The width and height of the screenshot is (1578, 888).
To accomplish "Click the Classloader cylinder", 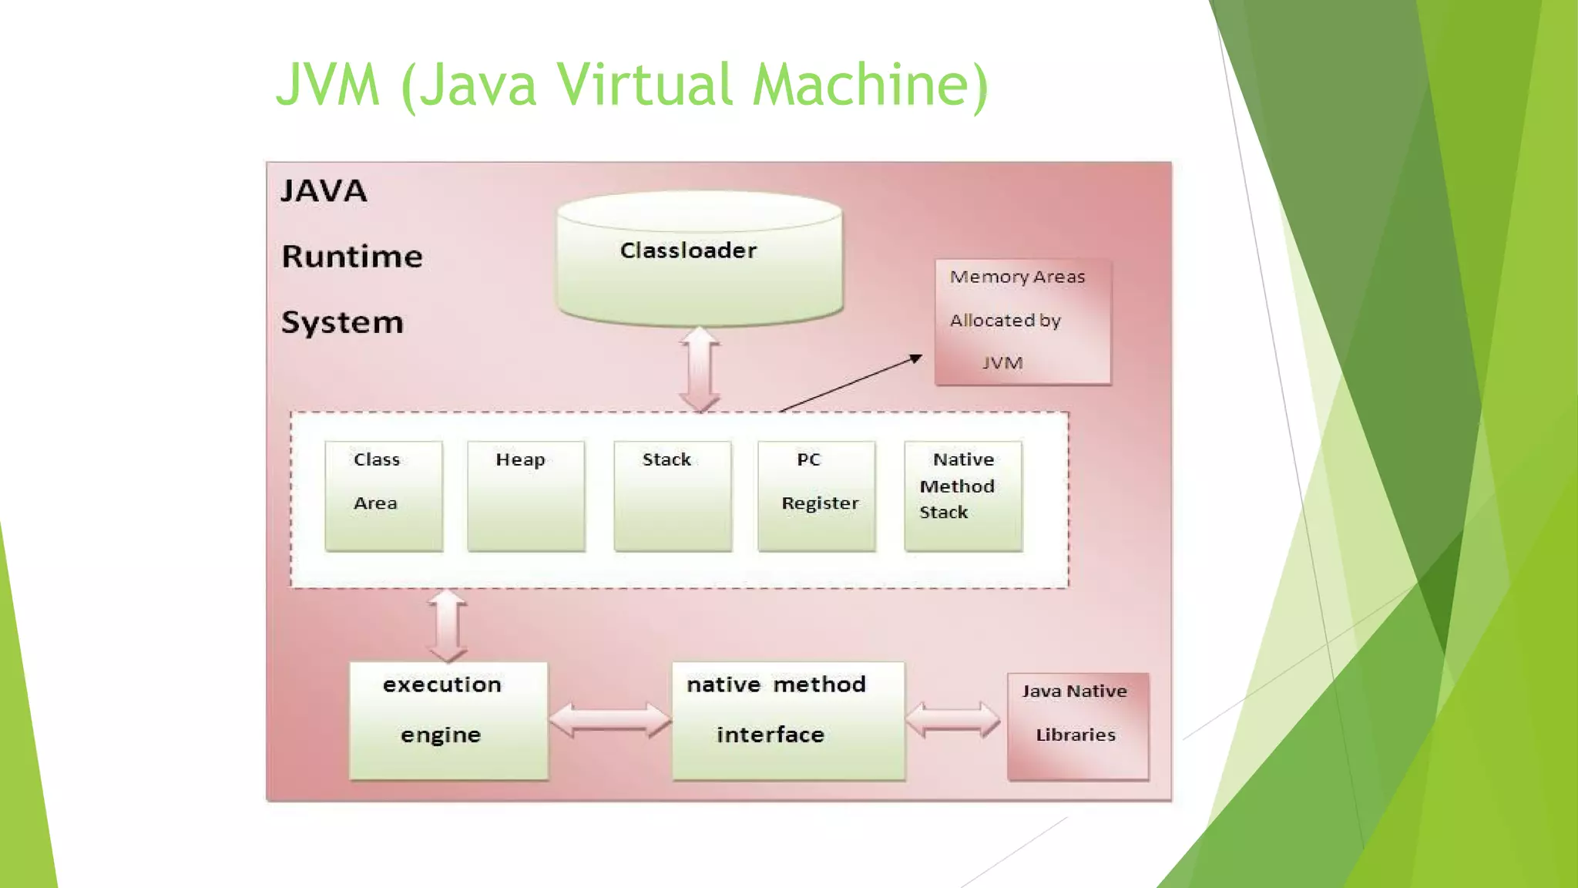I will (699, 262).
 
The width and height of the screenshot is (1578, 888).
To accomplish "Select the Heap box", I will (525, 496).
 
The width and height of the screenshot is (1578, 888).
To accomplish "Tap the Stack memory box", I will (672, 496).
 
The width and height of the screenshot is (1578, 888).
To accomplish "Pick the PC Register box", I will (816, 496).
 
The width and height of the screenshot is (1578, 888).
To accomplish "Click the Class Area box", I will (383, 496).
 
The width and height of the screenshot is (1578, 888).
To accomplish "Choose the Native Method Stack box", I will (963, 496).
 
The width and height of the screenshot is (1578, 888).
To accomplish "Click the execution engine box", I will (448, 720).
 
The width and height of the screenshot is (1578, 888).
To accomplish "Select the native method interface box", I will (787, 720).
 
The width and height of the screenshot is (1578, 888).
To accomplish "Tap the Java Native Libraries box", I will (1077, 725).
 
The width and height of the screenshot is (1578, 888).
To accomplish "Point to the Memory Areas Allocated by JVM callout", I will (1022, 321).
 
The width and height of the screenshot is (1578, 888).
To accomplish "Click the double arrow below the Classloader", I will (699, 369).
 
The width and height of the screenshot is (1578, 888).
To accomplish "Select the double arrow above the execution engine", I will (447, 626).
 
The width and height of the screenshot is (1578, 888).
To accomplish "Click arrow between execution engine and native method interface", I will (609, 720).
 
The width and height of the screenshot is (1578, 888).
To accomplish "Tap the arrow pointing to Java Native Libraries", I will (952, 720).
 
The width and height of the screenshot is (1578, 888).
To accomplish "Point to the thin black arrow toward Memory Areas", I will (851, 383).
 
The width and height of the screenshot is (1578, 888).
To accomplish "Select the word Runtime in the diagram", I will (352, 257).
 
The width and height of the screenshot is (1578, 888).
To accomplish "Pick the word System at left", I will (342, 322).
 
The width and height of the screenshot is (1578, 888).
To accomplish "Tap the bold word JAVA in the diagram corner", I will (324, 191).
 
